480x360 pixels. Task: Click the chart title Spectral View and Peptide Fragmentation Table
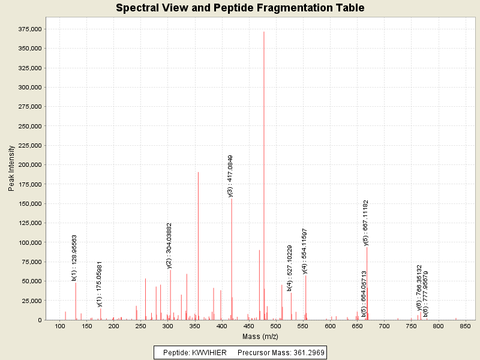240,8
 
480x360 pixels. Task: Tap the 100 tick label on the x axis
60,326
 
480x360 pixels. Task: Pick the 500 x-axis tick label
276,326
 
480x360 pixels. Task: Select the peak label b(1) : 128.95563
74,258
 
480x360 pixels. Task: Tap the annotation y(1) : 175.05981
100,284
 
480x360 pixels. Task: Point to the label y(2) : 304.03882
169,245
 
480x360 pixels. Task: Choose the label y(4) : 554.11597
305,251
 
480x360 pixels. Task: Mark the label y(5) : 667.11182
365,223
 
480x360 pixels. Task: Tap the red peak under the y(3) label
232,258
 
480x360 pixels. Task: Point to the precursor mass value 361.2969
306,353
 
